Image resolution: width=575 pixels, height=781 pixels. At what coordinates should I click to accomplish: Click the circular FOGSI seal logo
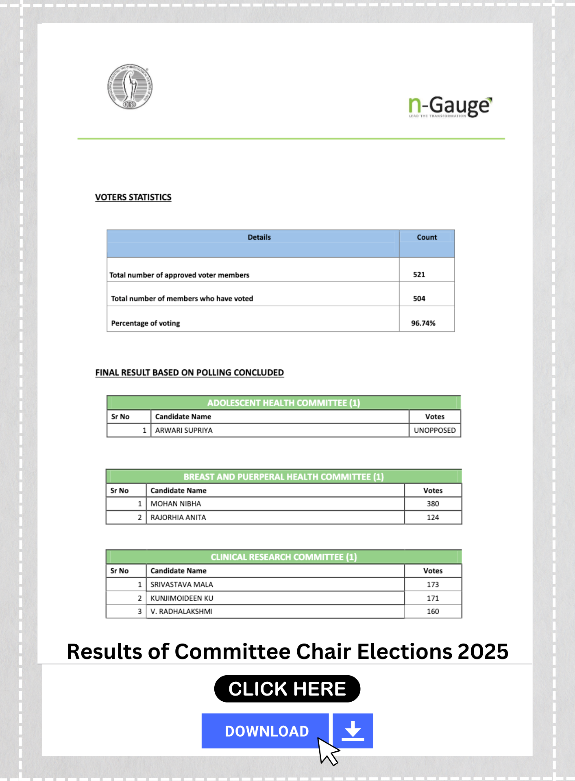(x=130, y=87)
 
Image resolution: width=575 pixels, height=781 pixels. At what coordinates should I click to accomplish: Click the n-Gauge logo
(x=450, y=107)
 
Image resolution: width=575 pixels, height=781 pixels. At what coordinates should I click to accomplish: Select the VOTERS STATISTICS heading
(x=133, y=197)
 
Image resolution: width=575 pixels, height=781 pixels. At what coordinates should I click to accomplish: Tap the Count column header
(x=427, y=238)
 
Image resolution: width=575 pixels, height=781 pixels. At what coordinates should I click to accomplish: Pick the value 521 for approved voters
(x=419, y=275)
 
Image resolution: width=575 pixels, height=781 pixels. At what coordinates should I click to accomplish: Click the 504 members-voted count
(x=419, y=299)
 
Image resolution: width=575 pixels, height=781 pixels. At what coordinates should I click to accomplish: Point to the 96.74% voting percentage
(x=423, y=323)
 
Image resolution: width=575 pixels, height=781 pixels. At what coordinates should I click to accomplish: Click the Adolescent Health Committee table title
(x=283, y=403)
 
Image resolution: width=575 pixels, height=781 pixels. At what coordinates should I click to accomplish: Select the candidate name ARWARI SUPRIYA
(x=184, y=430)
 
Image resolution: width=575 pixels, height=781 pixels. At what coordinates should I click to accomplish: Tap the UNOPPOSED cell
(x=434, y=430)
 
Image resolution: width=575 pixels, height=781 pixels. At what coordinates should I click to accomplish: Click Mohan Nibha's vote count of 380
(x=433, y=504)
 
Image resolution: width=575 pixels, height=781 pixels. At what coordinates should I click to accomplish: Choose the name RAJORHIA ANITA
(x=178, y=517)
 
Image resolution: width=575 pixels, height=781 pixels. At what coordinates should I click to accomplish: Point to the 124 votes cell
(x=433, y=517)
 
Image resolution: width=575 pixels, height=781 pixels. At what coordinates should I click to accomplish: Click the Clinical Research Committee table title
(x=283, y=557)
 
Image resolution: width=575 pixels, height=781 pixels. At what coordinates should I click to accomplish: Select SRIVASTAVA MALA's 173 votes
(x=433, y=585)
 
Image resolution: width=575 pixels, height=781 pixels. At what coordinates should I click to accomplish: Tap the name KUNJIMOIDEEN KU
(x=182, y=598)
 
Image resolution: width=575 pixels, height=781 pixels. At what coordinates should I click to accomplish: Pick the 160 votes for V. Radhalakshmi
(x=433, y=611)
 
